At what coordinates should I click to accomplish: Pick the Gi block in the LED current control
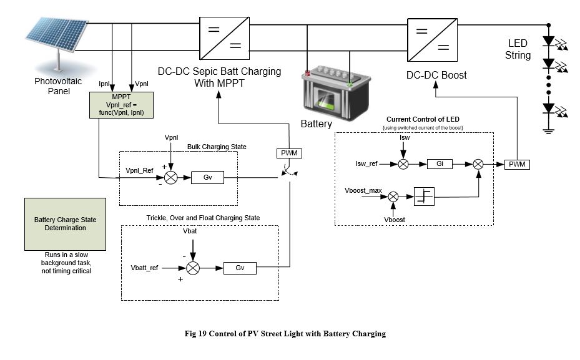click(x=440, y=164)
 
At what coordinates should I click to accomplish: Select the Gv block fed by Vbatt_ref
click(x=240, y=267)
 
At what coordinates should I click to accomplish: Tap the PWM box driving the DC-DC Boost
click(x=516, y=164)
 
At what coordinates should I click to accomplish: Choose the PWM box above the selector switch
click(x=288, y=153)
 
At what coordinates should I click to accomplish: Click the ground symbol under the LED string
click(x=549, y=130)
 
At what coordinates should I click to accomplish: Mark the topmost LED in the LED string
click(x=549, y=42)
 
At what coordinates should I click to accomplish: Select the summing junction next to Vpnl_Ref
click(x=171, y=177)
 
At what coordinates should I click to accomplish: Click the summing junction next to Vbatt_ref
click(x=194, y=267)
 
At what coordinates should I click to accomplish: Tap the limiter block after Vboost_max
click(x=424, y=196)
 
